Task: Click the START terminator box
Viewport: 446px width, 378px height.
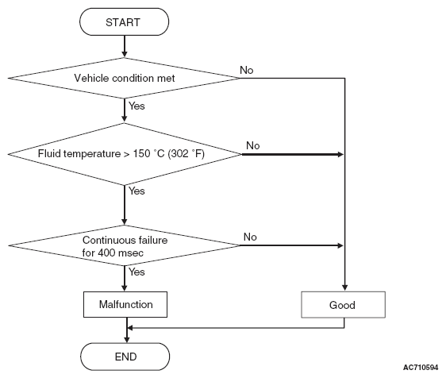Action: tap(124, 22)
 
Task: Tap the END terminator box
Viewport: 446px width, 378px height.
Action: tap(125, 357)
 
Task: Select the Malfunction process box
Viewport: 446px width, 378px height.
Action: tap(125, 304)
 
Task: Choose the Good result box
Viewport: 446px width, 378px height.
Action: tap(344, 305)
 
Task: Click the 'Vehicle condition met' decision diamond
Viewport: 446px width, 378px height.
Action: tap(124, 78)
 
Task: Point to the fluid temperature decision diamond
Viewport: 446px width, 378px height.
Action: tap(125, 154)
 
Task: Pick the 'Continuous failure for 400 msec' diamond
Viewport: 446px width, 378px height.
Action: tap(124, 245)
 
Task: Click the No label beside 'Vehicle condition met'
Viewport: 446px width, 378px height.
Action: tap(246, 70)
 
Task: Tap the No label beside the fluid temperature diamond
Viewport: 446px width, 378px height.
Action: tap(252, 145)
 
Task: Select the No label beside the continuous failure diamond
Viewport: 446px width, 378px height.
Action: tap(250, 237)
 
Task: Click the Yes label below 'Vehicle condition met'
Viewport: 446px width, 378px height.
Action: tap(136, 106)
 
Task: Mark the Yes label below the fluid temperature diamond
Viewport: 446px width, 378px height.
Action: tap(136, 191)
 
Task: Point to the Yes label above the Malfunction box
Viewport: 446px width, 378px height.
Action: tap(136, 272)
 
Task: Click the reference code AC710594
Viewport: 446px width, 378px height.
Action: tap(421, 368)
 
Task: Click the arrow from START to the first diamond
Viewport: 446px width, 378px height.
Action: tap(125, 46)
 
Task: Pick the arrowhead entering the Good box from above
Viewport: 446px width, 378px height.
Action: tap(344, 287)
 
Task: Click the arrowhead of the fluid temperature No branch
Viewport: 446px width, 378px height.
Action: tap(340, 154)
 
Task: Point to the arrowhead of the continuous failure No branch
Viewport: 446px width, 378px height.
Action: tap(340, 245)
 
